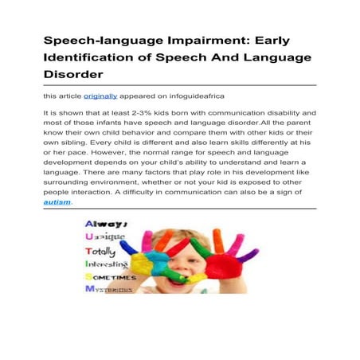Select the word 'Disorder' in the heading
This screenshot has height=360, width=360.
tap(74, 76)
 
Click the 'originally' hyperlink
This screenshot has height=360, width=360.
tap(100, 96)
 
